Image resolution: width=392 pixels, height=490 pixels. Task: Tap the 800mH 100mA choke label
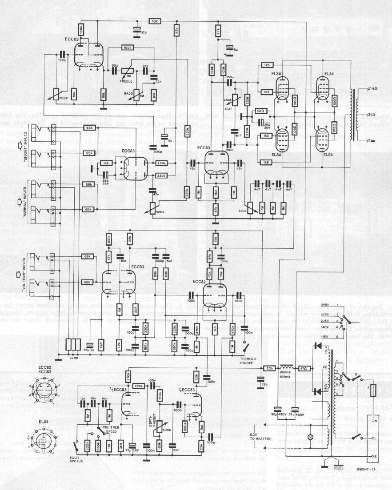tap(286, 362)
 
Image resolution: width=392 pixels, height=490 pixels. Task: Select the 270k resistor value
tap(128, 376)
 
